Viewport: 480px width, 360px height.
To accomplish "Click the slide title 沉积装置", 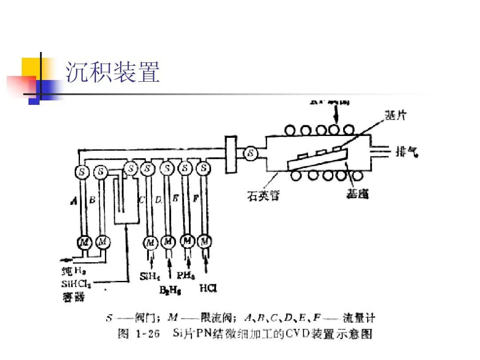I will [x=113, y=72].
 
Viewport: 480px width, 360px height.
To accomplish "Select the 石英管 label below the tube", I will [x=263, y=195].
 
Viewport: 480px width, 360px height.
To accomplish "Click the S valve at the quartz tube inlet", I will [x=251, y=153].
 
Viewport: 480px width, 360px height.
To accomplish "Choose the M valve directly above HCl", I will [x=204, y=242].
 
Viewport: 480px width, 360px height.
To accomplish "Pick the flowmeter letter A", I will [x=74, y=201].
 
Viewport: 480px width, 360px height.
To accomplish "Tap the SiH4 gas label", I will [x=150, y=276].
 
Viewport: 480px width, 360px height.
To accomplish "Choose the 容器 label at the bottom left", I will [x=72, y=296].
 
